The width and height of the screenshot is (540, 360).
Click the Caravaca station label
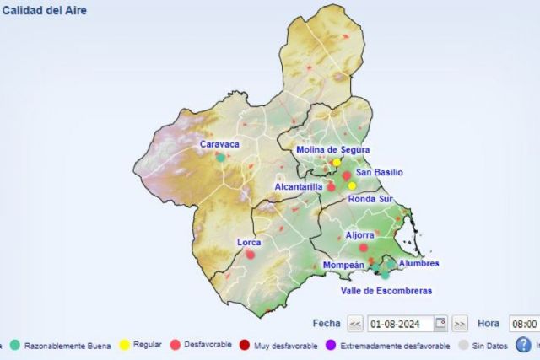click(219, 144)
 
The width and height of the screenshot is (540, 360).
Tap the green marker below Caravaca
click(220, 157)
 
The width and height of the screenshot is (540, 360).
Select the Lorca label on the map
click(249, 243)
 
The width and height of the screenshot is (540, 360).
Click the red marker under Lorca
click(250, 255)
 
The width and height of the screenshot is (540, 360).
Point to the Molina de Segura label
click(333, 150)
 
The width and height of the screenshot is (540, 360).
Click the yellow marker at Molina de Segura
click(336, 162)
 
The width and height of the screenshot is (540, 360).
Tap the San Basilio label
click(379, 173)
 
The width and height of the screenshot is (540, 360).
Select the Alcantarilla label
click(299, 186)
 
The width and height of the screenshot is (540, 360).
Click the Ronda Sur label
click(371, 199)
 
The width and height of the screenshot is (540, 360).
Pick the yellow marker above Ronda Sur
click(352, 185)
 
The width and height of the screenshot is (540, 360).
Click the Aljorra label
click(359, 235)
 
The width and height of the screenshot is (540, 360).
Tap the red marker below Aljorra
click(364, 248)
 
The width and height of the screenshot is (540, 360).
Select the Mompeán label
click(343, 265)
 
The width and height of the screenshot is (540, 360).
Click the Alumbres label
click(418, 263)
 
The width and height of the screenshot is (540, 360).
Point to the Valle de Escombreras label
click(386, 291)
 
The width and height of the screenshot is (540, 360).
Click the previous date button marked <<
click(355, 324)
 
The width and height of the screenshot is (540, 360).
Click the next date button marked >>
click(460, 324)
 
